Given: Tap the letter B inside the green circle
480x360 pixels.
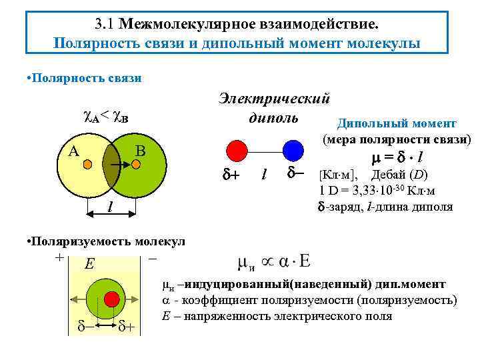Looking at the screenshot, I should click(141, 151).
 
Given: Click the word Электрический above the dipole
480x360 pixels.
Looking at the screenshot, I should click(274, 99).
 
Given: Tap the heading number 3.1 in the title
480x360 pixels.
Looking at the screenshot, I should click(106, 25).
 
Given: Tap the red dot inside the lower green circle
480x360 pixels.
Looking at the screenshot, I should click(111, 296).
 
